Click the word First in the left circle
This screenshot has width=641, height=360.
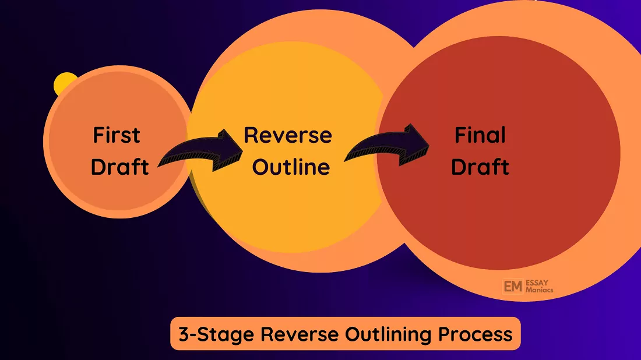[x=117, y=135]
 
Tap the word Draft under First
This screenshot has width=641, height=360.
[x=119, y=167]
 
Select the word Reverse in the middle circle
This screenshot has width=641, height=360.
[x=288, y=135]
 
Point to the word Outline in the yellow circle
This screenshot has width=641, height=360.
[x=291, y=167]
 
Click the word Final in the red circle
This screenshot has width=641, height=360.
[x=480, y=135]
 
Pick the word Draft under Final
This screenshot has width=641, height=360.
[x=480, y=167]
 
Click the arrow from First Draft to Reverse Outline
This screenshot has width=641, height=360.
[x=200, y=152]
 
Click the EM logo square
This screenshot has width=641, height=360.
[x=513, y=287]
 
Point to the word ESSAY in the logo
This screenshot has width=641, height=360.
[x=537, y=283]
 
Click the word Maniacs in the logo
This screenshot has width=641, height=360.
[x=539, y=290]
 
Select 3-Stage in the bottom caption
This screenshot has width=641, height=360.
[x=216, y=334]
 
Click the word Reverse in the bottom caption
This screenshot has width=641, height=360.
[x=300, y=334]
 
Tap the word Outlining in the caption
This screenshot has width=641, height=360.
[x=388, y=335]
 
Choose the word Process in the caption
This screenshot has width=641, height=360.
[x=476, y=334]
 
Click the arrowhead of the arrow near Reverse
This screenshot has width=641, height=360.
[x=229, y=150]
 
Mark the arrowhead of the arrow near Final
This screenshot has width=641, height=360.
[x=414, y=144]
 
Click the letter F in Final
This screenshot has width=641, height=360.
[x=460, y=135]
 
